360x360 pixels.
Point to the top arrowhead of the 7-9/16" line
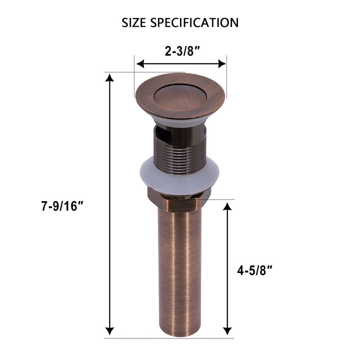tap(109, 77)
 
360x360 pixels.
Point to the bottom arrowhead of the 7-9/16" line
tap(109, 331)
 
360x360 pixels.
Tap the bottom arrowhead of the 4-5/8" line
tap(227, 331)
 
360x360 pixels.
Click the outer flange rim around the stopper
tap(143, 97)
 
